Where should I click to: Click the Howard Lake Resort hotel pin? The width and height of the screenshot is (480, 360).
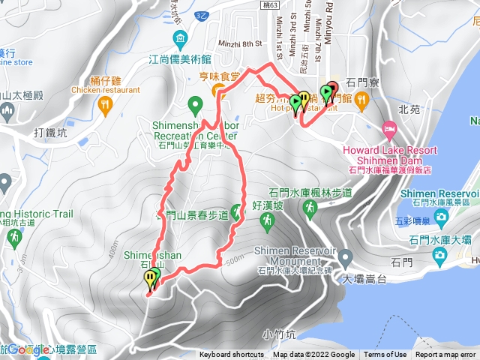pos(390,129)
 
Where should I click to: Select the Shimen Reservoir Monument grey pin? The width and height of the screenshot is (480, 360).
pos(346,257)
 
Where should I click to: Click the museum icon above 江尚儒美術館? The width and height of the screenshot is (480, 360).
pos(179,39)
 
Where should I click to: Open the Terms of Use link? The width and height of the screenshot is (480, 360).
pos(385,355)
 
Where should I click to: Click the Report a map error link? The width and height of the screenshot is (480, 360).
pos(446,355)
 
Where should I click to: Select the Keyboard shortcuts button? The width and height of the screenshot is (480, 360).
pos(232,355)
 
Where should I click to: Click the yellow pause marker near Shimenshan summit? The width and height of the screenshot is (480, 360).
pos(150,279)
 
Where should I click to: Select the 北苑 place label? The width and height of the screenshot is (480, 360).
pos(410,108)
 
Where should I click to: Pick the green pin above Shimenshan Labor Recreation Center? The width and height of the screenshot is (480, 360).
pos(194,103)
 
